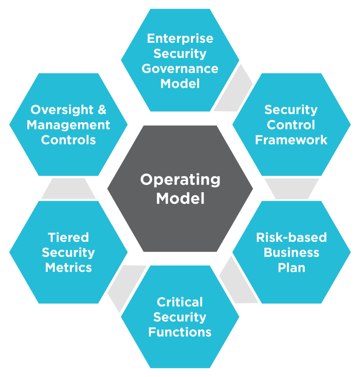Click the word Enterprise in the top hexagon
(180, 38)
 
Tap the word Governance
(180, 69)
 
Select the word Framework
(291, 140)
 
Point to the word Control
(291, 125)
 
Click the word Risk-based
(291, 238)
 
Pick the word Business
(291, 253)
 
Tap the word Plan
(291, 268)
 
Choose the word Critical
(180, 302)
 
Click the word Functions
(180, 332)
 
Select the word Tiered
(68, 238)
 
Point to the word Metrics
(68, 268)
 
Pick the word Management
(68, 125)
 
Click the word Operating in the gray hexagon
(180, 180)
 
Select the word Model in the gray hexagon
(180, 199)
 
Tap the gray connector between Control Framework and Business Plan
(292, 188)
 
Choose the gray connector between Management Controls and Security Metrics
(68, 188)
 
